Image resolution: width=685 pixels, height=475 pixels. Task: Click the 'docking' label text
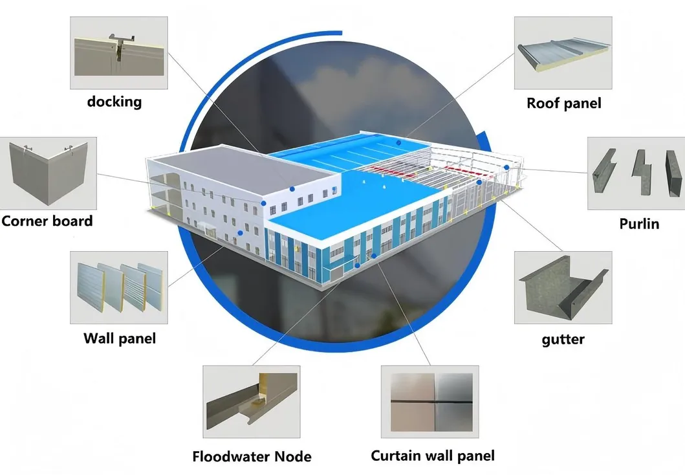coord(114,102)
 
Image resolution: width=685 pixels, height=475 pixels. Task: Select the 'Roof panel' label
coord(563,103)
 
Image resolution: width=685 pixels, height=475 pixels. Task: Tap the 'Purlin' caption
coord(638,224)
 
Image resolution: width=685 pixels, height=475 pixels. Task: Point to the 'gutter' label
coord(563,338)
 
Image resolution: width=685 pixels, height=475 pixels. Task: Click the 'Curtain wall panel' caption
coord(433,456)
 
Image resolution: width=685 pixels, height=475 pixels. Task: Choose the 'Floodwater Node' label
coord(252,456)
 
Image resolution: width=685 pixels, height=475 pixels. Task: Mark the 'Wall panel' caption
coord(119,338)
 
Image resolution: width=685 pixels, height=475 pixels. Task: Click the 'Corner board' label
coord(47,221)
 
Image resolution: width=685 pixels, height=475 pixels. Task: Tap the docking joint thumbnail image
coord(118,52)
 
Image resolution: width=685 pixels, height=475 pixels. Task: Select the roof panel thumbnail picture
coord(563,53)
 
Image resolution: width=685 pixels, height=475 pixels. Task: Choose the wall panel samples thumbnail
coord(119,287)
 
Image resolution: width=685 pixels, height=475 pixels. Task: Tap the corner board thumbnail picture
coord(49,172)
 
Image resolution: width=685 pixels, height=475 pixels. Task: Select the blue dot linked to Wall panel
coord(240,233)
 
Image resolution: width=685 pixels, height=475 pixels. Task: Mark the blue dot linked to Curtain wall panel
coord(375,256)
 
